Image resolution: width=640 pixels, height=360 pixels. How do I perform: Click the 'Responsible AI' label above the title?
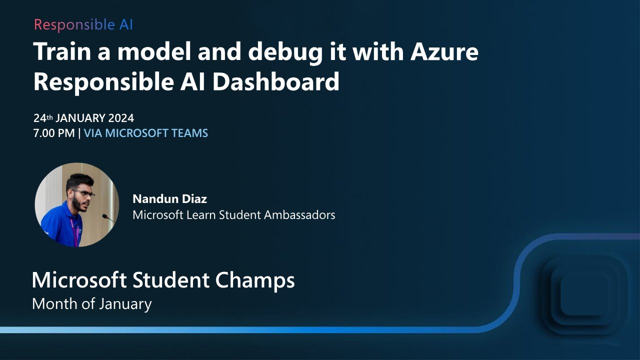(x=83, y=24)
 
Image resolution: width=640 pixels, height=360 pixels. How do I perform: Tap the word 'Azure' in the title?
(x=445, y=52)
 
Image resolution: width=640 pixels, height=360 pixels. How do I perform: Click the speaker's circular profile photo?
(x=76, y=205)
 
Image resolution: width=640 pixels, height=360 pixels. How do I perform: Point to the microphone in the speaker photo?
(x=106, y=216)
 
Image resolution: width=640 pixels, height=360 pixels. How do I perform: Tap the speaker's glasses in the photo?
(x=84, y=193)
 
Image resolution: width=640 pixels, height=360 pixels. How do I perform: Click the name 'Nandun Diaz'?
(x=169, y=199)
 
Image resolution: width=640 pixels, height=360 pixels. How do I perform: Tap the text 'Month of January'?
(x=91, y=303)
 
